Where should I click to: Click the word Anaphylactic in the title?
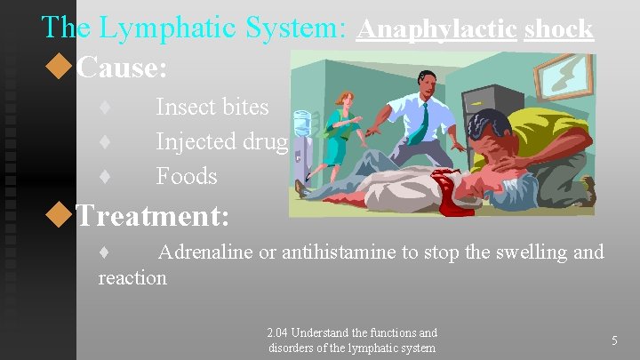[436, 28]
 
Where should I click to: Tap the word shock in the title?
[558, 28]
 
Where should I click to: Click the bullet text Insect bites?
[212, 107]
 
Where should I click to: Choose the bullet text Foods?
[187, 176]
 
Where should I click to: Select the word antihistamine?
[340, 252]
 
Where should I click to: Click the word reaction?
[132, 277]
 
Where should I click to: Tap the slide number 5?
[615, 339]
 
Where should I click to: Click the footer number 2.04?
[280, 332]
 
